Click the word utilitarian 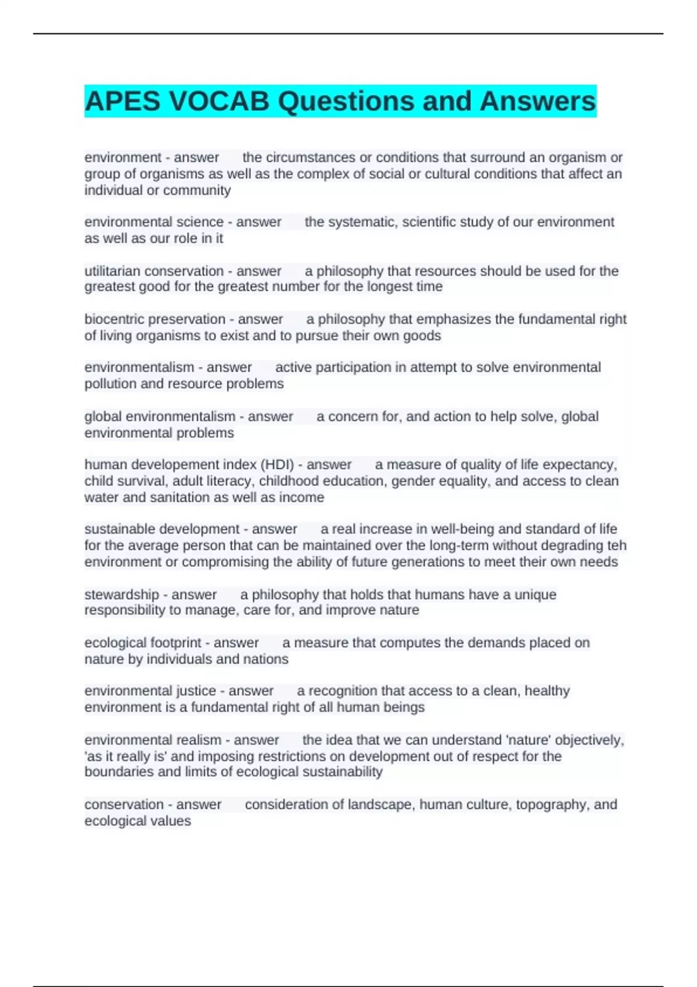pos(112,271)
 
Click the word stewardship pos(121,595)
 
